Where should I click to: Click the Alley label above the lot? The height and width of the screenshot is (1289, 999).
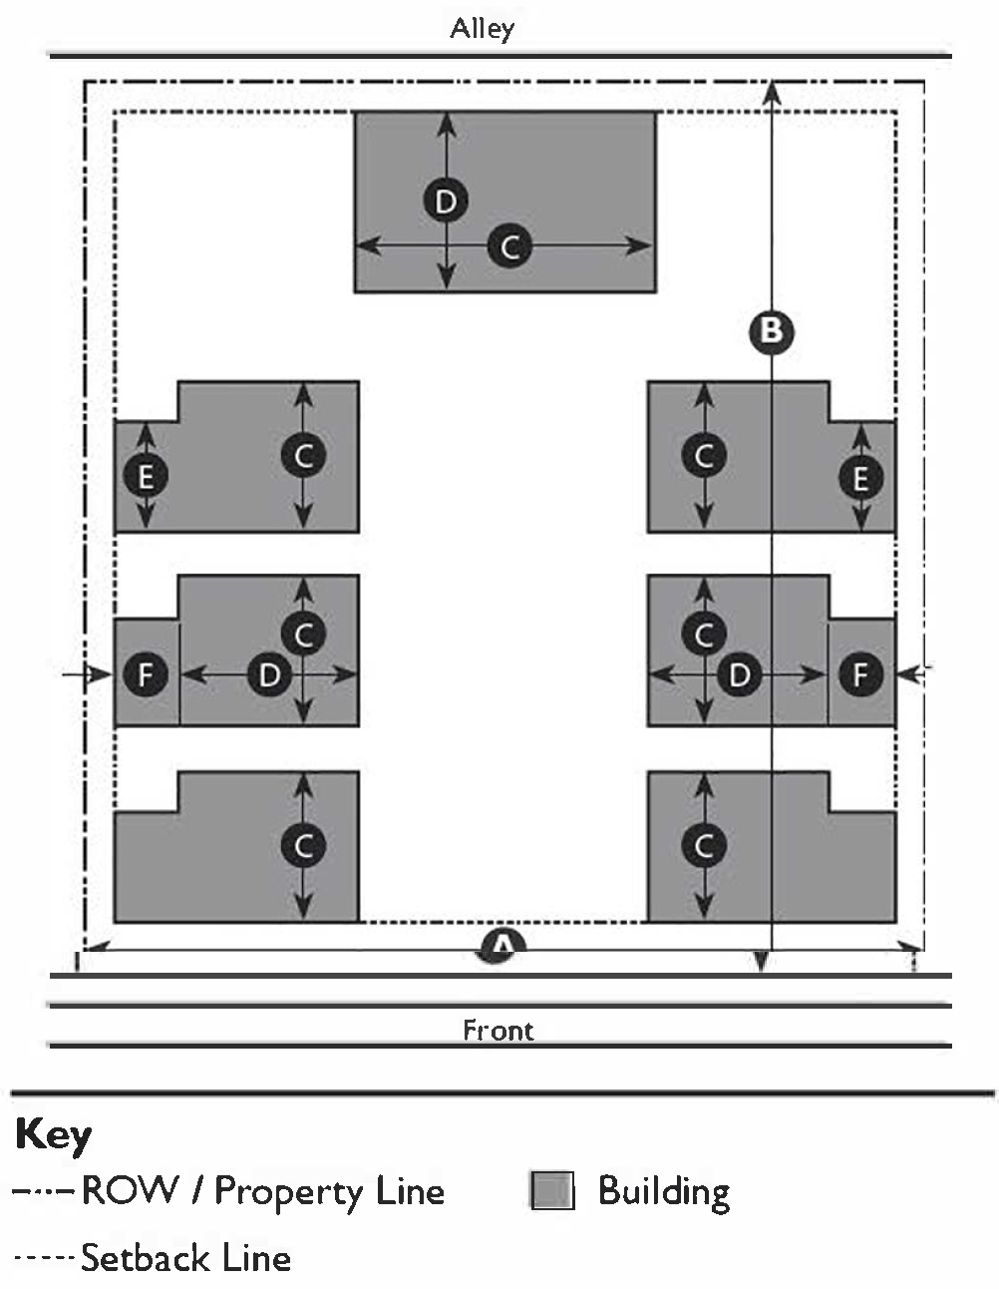click(x=483, y=28)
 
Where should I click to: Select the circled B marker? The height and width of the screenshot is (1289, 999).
click(x=772, y=330)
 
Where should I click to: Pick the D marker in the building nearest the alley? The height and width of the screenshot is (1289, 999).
click(x=446, y=202)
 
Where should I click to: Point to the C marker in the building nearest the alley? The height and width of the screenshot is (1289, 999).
click(x=509, y=245)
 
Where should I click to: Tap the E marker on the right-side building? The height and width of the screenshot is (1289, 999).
click(x=860, y=479)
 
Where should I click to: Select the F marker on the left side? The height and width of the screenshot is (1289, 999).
click(x=147, y=675)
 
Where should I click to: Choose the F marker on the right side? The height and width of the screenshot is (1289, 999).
click(x=860, y=675)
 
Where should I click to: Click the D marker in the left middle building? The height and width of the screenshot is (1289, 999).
click(x=269, y=675)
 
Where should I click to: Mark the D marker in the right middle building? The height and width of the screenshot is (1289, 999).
click(x=739, y=675)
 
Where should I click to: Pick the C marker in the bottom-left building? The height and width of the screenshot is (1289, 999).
click(x=304, y=846)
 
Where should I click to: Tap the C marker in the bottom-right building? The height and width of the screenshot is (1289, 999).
click(x=704, y=846)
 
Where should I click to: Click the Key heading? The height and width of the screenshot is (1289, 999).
click(x=54, y=1136)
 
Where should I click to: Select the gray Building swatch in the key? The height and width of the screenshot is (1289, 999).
click(x=552, y=1191)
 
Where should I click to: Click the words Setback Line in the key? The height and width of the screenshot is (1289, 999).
click(x=185, y=1258)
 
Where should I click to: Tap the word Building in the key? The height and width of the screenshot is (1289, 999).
click(x=664, y=1191)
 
